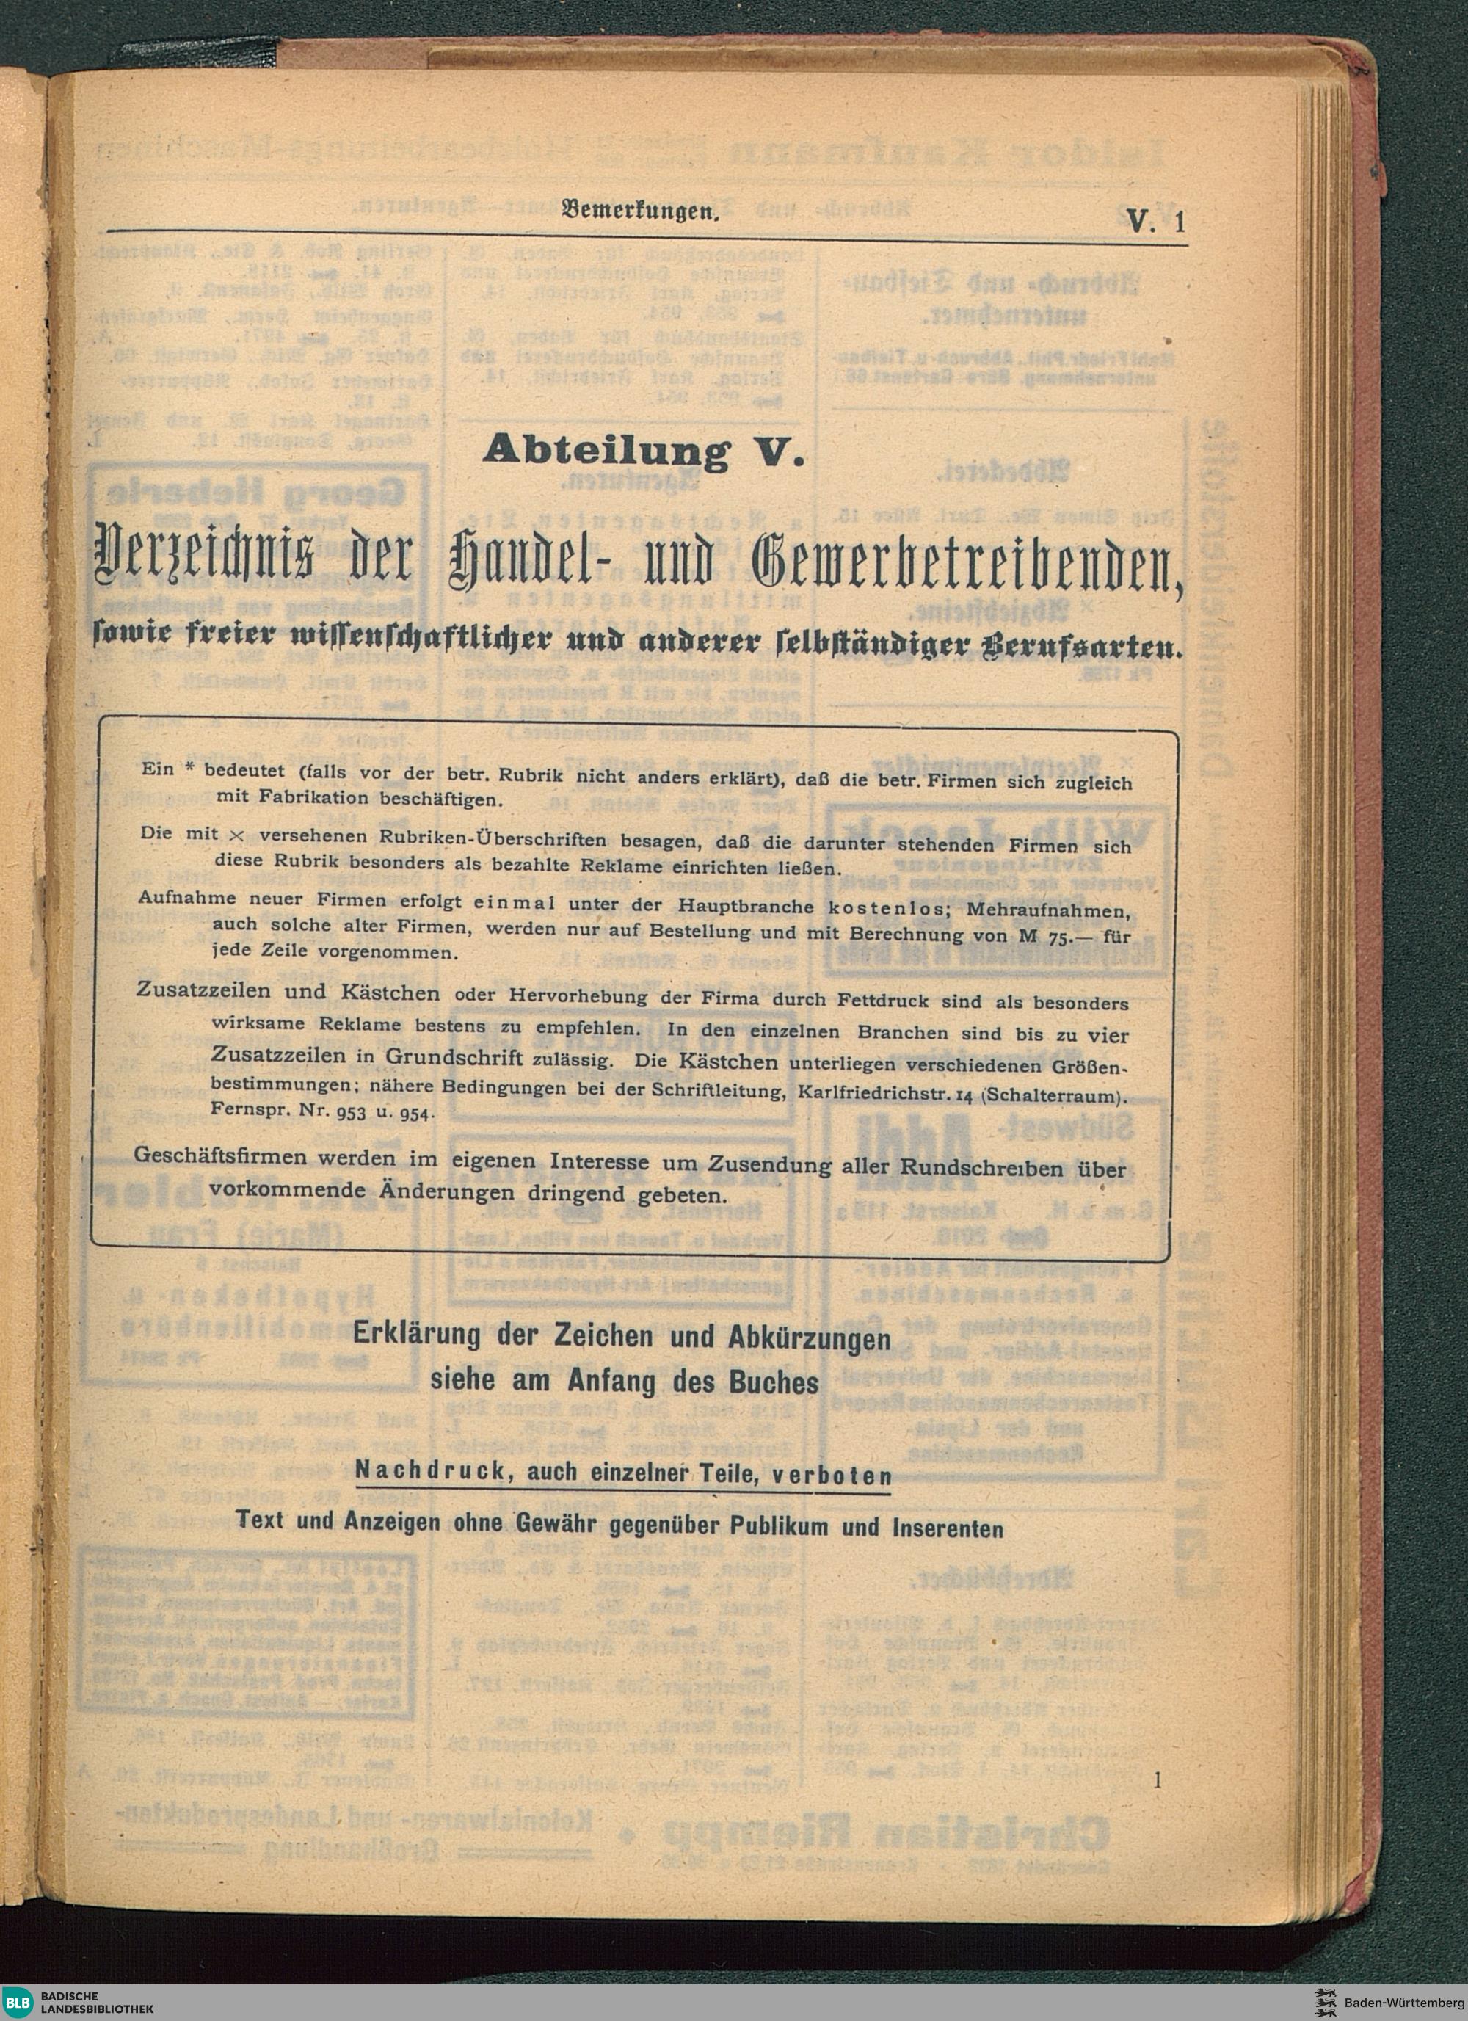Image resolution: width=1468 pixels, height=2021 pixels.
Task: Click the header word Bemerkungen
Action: pyautogui.click(x=639, y=213)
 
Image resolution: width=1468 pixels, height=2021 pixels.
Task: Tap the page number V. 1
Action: pyautogui.click(x=1155, y=220)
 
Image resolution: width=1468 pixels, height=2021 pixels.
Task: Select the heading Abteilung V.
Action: pyautogui.click(x=643, y=451)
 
